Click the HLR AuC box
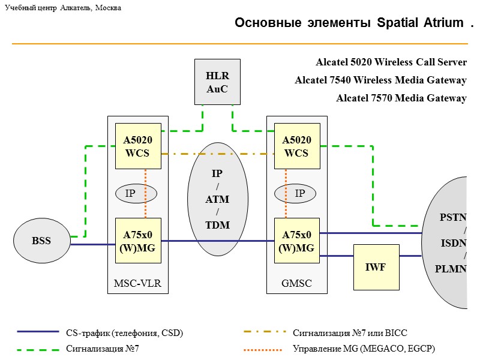pos(217,82)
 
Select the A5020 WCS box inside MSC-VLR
pos(138,146)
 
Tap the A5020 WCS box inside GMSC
pos(297,146)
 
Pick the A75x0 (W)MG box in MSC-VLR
pos(138,241)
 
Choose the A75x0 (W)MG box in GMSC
pos(297,241)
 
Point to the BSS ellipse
pos(41,241)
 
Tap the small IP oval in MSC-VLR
pos(136,193)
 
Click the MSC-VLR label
pos(138,284)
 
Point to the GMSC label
pos(297,284)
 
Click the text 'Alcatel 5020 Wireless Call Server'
pos(391,62)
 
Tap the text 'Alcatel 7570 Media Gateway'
pos(401,98)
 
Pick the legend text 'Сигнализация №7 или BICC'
pos(350,332)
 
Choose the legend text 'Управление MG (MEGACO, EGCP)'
pos(364,349)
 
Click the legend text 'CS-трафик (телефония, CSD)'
pos(124,332)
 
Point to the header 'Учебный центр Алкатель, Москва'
pos(63,8)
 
